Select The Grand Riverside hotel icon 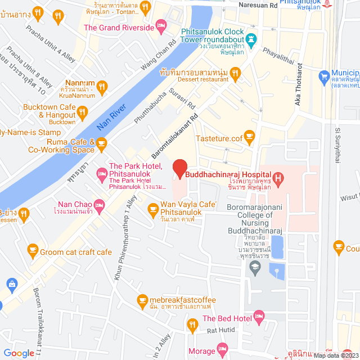coord(161,26)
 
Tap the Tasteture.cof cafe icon coord(250,136)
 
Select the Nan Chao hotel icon coord(100,205)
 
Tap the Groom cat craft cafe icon coord(33,250)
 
